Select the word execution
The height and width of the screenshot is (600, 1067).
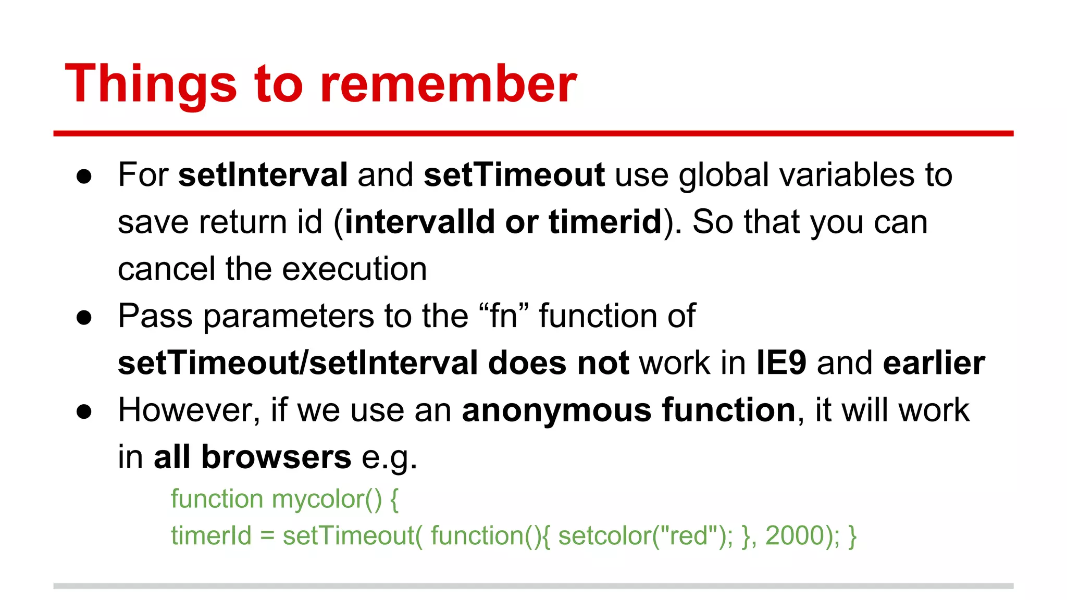pos(354,269)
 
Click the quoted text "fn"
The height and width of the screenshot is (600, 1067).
pos(503,316)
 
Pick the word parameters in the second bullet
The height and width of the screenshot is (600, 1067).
pos(288,316)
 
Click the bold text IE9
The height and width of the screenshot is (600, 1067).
pos(781,363)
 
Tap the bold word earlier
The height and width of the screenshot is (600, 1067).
pos(934,363)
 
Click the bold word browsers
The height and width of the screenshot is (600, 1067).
pos(276,457)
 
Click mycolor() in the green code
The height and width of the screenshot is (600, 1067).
pos(327,499)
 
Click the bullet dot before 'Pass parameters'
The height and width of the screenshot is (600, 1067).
pos(84,318)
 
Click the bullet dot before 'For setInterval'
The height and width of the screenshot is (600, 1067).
pos(84,176)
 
